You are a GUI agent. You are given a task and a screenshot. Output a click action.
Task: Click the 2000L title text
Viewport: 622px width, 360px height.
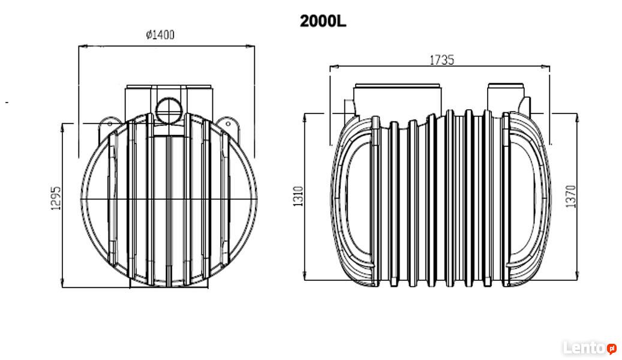323,22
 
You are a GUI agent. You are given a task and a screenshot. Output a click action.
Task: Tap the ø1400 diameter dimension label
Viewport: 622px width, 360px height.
160,35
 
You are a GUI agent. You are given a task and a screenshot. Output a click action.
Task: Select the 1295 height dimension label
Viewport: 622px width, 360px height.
56,197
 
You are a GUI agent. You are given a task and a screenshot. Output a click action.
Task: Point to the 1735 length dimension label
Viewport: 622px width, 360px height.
442,60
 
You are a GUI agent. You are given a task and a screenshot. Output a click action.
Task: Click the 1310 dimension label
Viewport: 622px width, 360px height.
298,196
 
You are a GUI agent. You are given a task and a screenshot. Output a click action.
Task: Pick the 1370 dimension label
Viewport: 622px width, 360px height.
570,196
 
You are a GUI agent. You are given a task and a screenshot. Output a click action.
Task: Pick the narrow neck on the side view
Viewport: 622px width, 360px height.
506,98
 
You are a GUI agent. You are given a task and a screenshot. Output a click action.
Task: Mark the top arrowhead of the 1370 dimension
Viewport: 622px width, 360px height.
577,118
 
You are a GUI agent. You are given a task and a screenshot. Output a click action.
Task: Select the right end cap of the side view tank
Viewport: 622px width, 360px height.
528,199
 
